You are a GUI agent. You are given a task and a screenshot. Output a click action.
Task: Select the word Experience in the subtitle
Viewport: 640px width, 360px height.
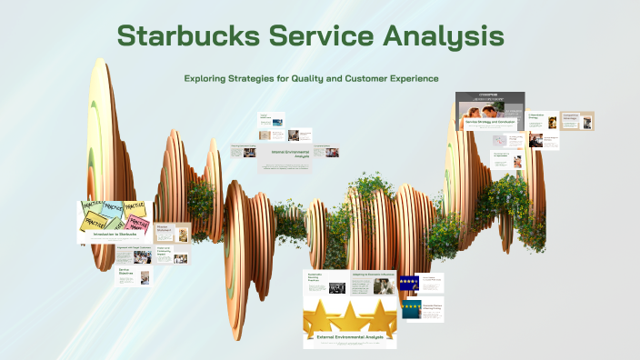click(x=406, y=78)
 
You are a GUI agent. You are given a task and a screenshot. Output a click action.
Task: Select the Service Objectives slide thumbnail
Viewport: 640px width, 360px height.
click(x=134, y=275)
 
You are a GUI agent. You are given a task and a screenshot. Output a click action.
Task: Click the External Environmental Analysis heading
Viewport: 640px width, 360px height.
click(x=350, y=338)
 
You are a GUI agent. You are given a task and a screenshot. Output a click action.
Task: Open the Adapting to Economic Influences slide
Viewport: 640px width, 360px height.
click(x=373, y=282)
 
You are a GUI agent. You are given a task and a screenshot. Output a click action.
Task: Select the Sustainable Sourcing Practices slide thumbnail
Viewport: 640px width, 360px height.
click(x=325, y=282)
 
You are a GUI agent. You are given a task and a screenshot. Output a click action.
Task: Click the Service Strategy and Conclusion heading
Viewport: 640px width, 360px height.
click(x=490, y=121)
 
